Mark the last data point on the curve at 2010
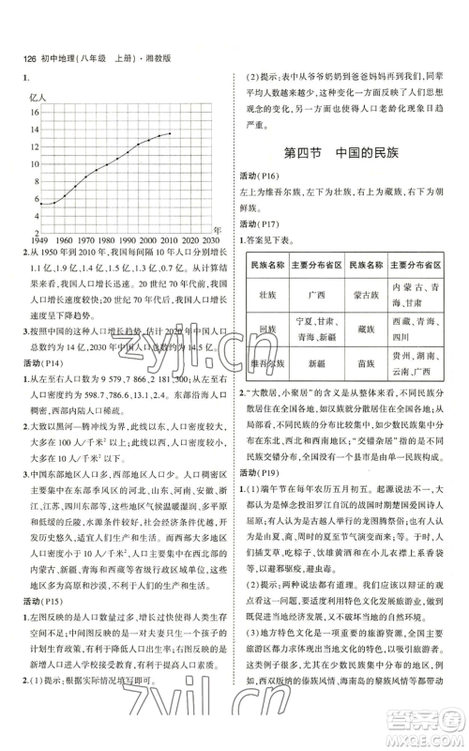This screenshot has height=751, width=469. [x=171, y=133]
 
